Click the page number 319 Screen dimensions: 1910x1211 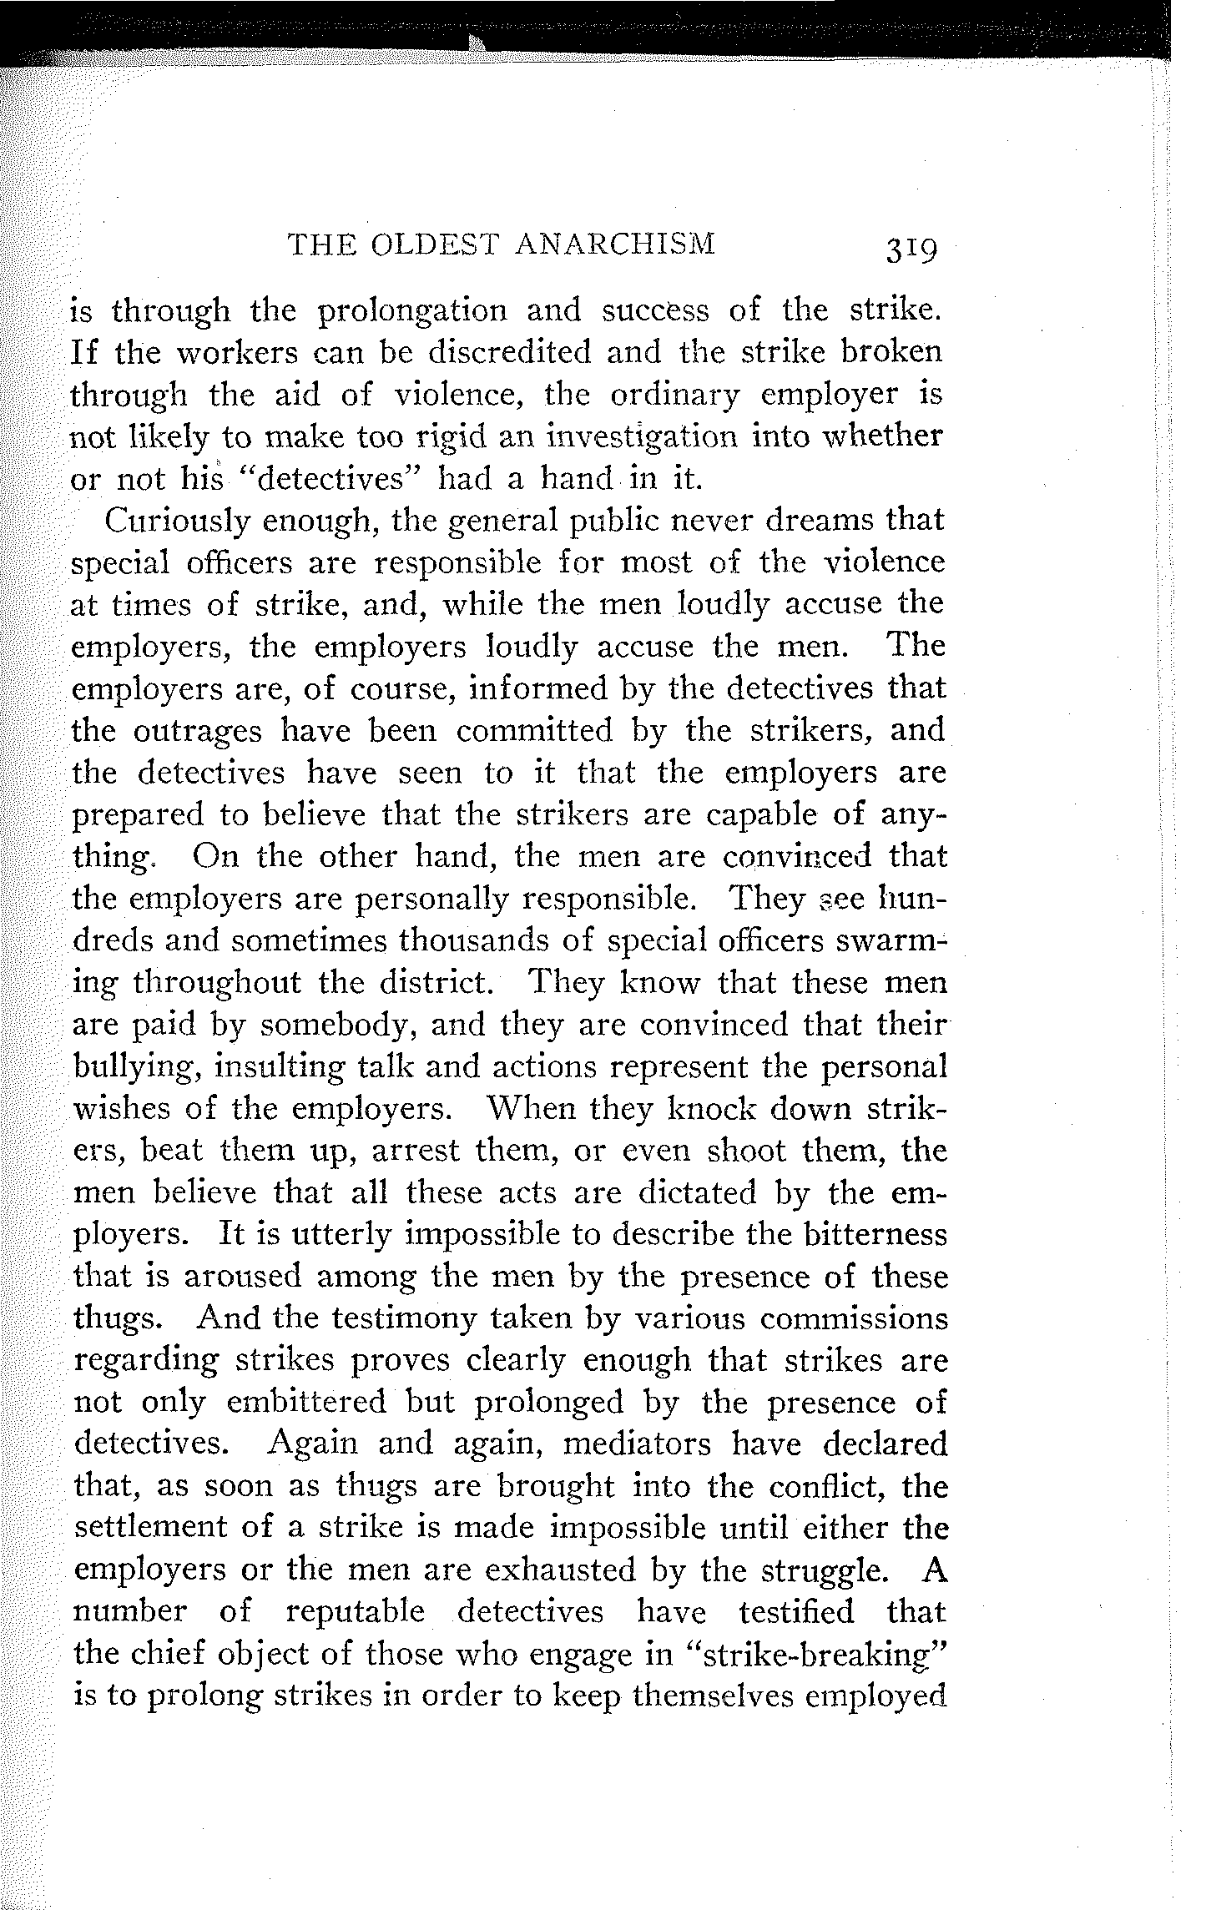pyautogui.click(x=902, y=249)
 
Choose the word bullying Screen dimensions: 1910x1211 pyautogui.click(x=135, y=1067)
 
